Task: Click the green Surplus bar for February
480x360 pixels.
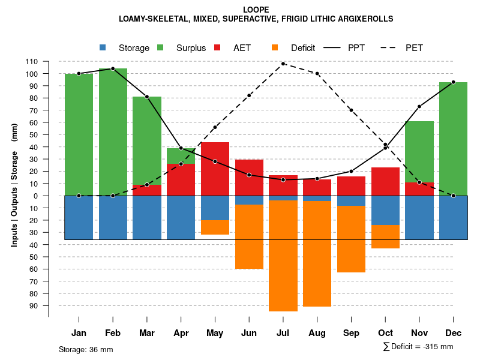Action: [113, 132]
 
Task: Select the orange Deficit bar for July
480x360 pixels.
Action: [283, 256]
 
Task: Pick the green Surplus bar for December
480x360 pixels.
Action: [453, 139]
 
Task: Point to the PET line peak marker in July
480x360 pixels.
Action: [283, 64]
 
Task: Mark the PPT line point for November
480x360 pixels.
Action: [419, 107]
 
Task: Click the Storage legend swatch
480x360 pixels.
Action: [103, 47]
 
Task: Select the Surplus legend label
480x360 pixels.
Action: [191, 48]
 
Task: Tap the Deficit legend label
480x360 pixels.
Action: [303, 48]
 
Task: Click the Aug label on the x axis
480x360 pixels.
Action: [317, 333]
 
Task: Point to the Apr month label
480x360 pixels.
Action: [181, 333]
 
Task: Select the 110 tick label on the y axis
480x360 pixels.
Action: [32, 61]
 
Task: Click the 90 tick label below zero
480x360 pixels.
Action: [34, 305]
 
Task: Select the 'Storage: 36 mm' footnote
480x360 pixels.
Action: [86, 349]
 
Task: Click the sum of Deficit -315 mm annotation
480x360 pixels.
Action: [418, 347]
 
